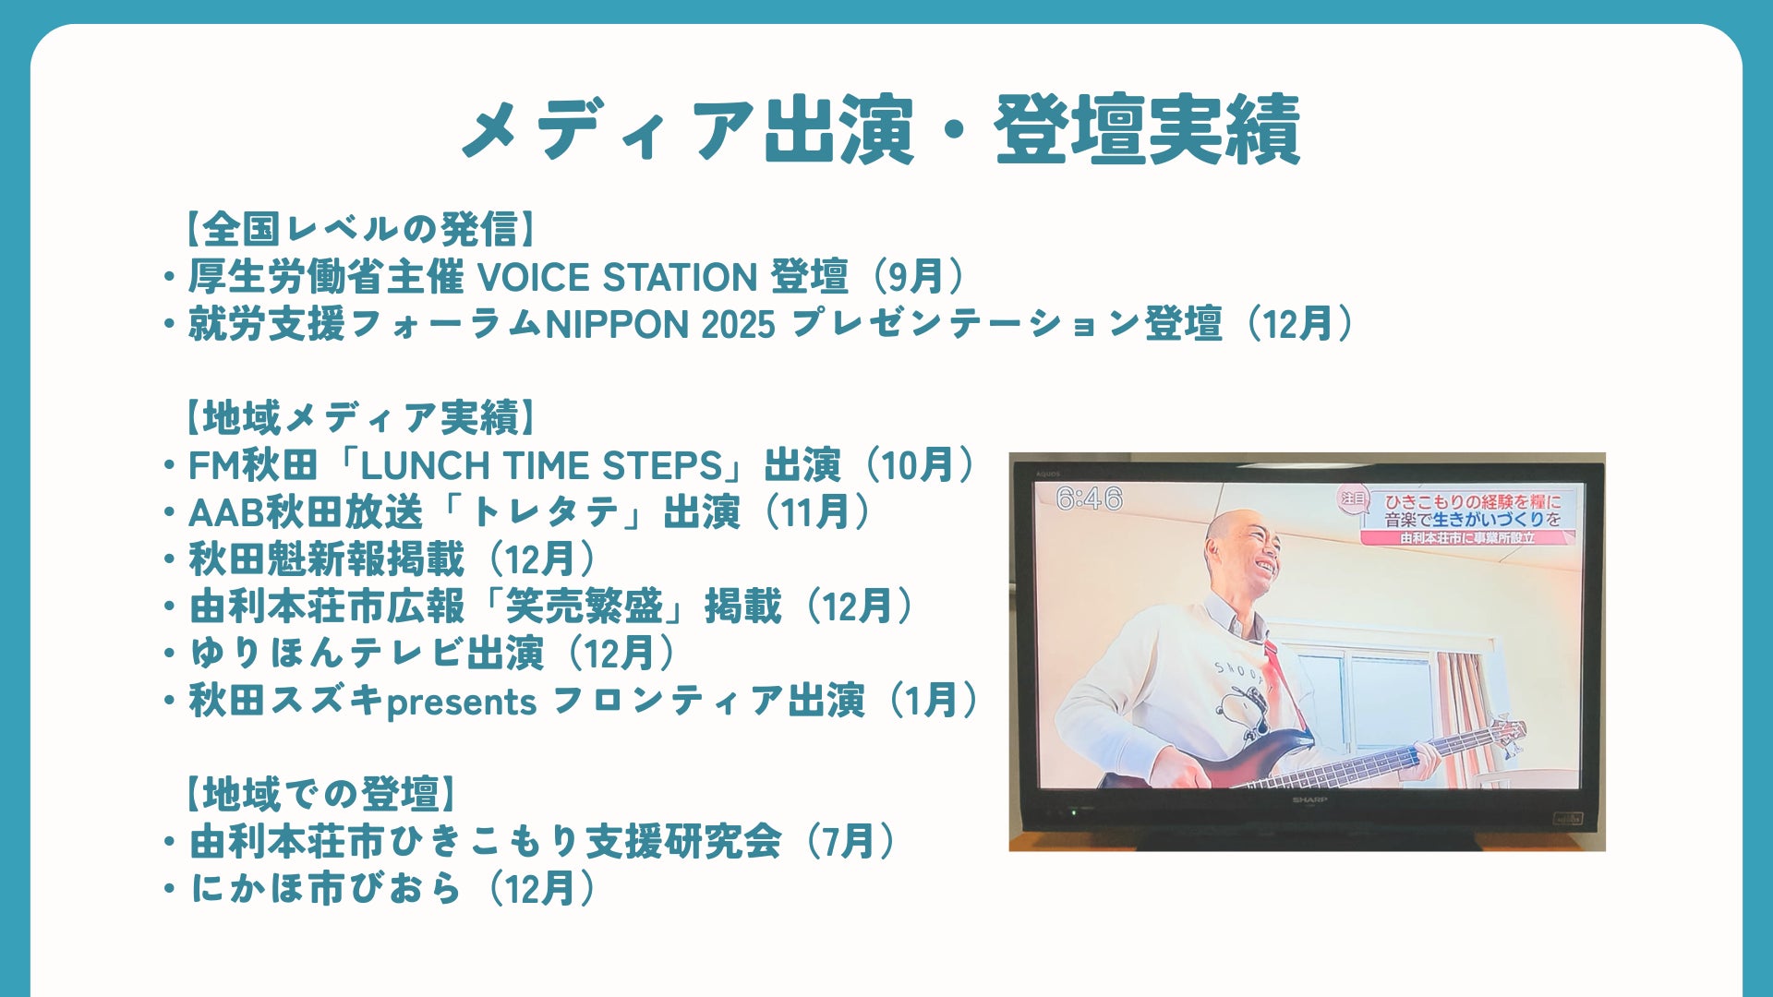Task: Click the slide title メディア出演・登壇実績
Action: click(881, 130)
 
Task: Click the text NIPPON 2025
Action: click(660, 325)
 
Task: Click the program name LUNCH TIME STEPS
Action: click(541, 465)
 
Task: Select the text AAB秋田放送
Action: click(305, 512)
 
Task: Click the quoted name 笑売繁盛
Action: click(583, 607)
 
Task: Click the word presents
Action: click(461, 703)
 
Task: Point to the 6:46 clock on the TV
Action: click(1089, 499)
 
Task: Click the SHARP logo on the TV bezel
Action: click(1309, 799)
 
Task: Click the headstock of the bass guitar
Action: click(1502, 735)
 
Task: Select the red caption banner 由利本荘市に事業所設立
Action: click(1468, 538)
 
